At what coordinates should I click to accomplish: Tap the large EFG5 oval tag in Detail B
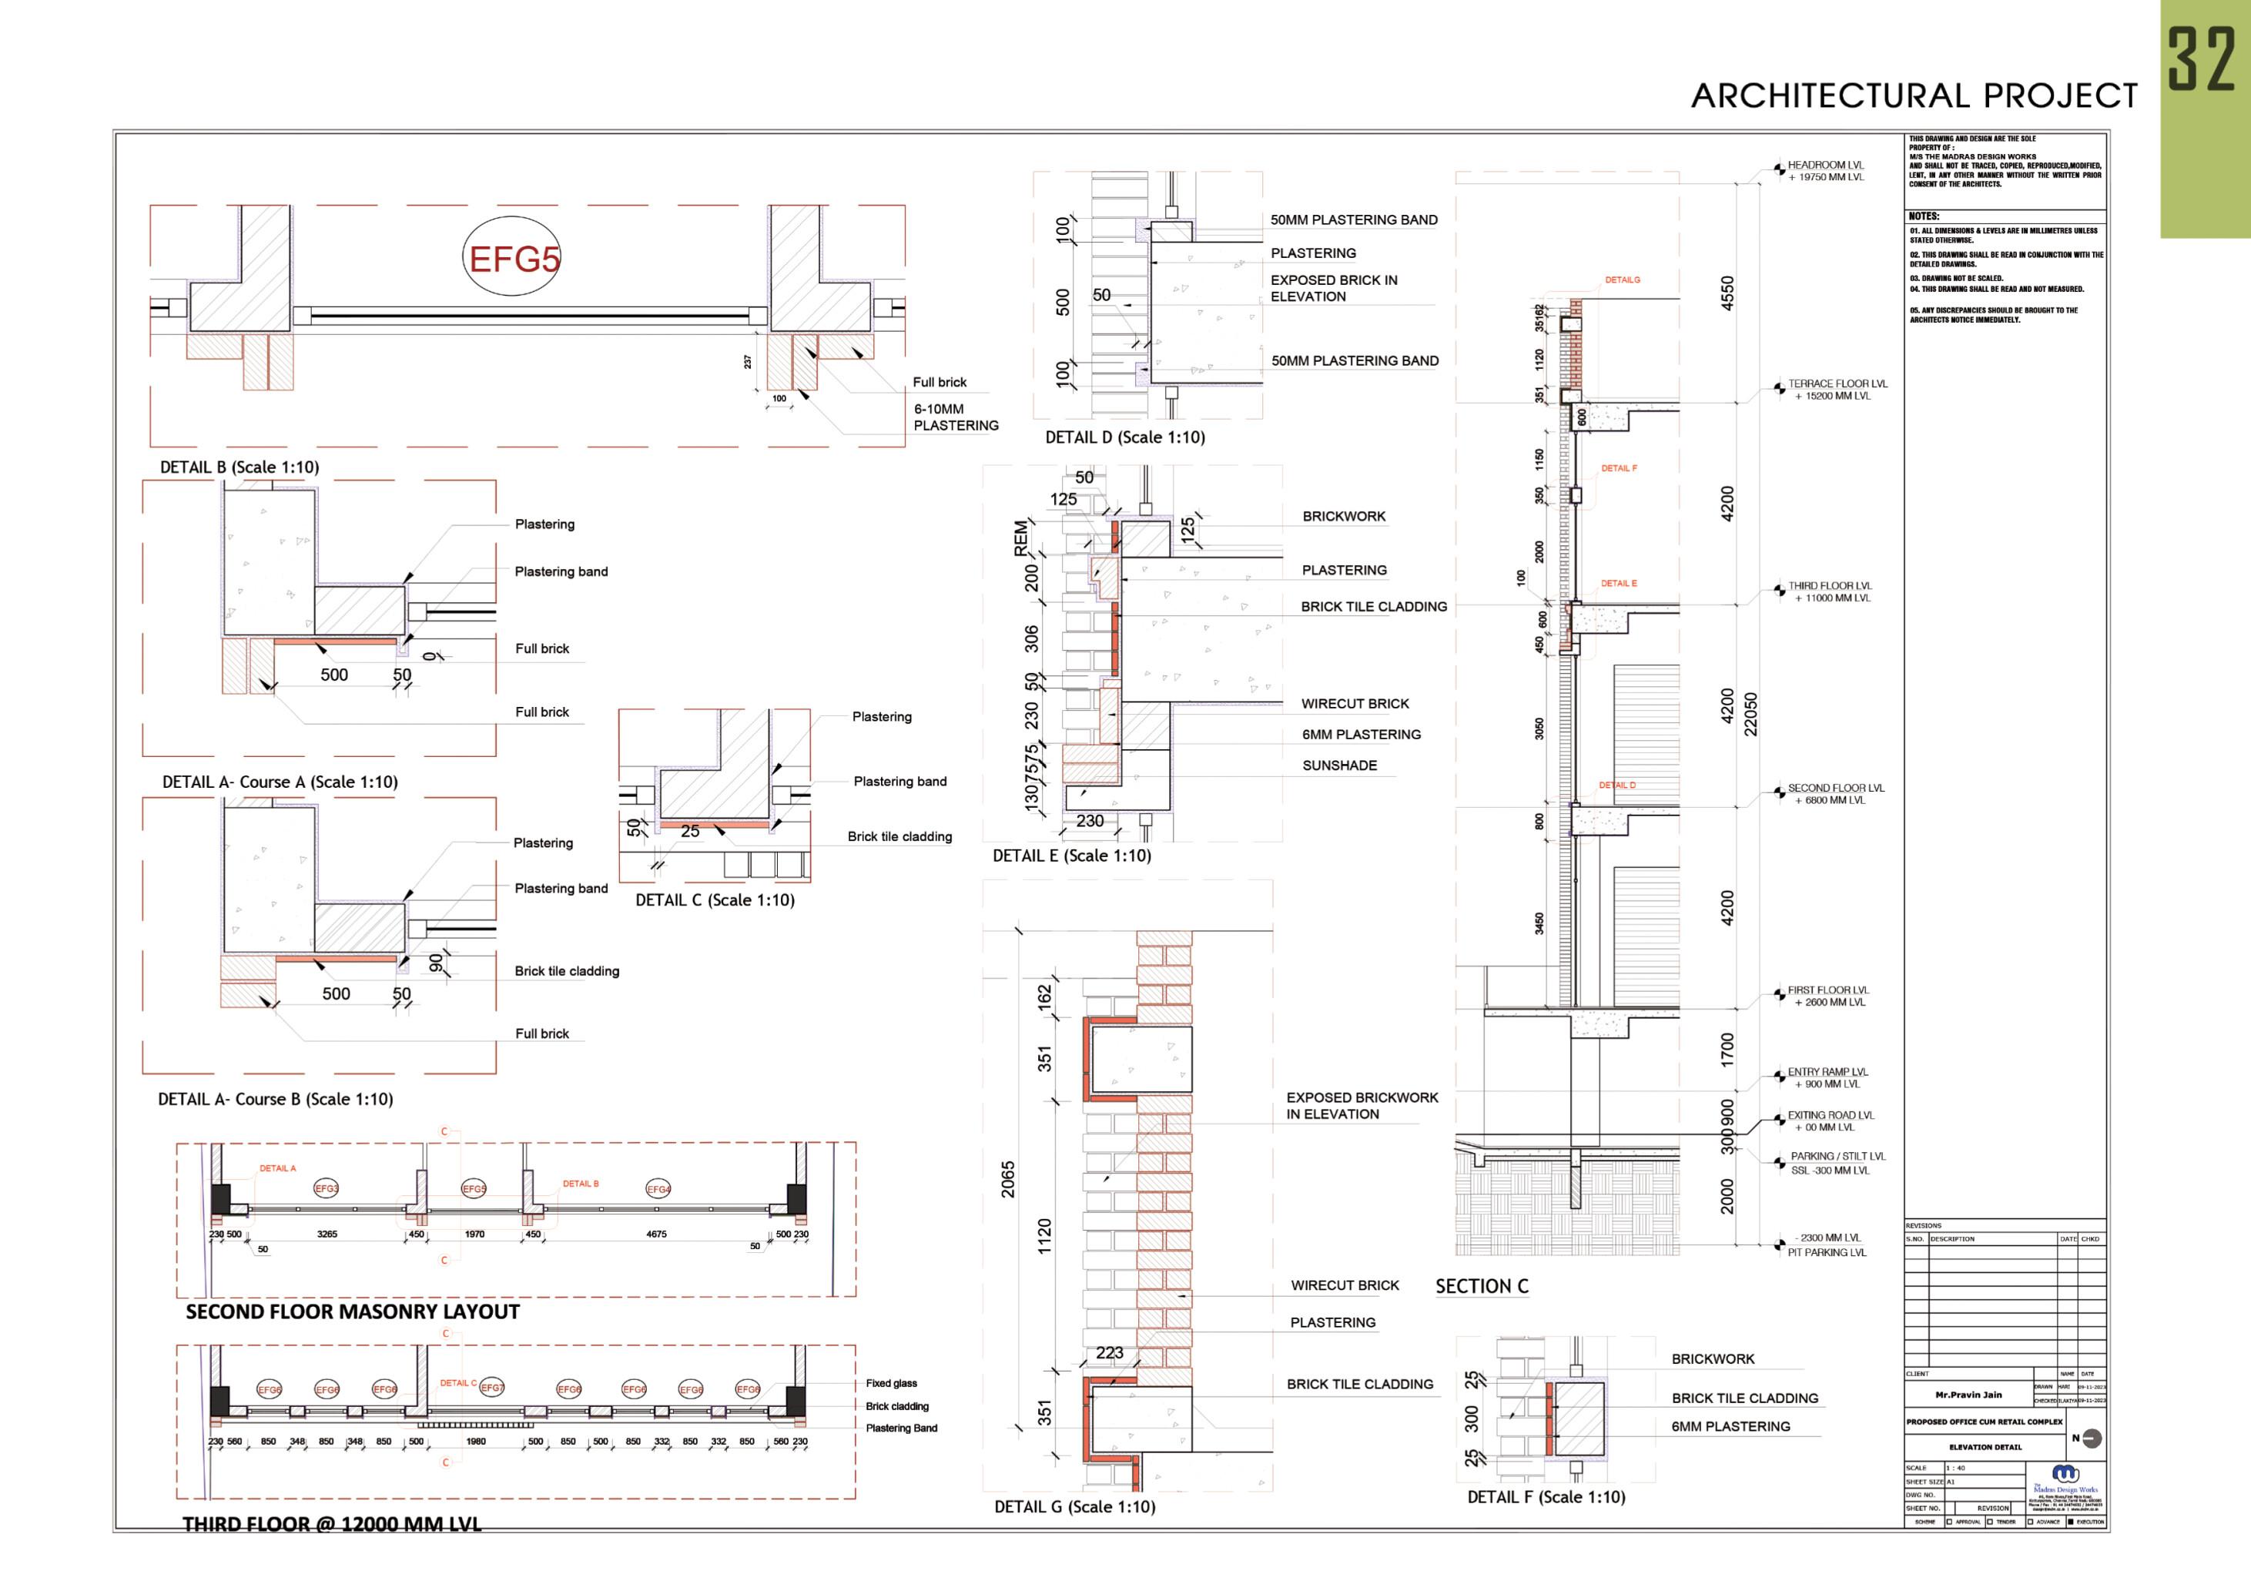[x=514, y=259]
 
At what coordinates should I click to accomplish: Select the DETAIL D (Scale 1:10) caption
[x=1124, y=437]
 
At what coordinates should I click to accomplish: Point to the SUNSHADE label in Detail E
[x=1339, y=765]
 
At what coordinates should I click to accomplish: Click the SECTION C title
[x=1482, y=1286]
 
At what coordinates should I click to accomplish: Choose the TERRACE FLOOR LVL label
[x=1836, y=384]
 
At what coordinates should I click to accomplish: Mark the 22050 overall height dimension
[x=1751, y=714]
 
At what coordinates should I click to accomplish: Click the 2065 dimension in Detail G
[x=1008, y=1179]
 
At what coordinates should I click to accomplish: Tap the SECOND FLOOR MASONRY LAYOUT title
[x=353, y=1311]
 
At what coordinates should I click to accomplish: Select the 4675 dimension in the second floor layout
[x=656, y=1234]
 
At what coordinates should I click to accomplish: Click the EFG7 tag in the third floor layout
[x=492, y=1388]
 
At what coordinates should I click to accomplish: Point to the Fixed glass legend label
[x=891, y=1383]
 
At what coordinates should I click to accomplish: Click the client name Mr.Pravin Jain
[x=1968, y=1395]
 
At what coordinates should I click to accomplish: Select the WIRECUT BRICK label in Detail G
[x=1344, y=1285]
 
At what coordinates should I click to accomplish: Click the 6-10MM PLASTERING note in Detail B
[x=955, y=417]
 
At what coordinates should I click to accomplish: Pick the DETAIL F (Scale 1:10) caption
[x=1546, y=1497]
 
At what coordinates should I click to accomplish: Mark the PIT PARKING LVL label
[x=1827, y=1252]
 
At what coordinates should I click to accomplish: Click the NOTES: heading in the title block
[x=1924, y=216]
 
